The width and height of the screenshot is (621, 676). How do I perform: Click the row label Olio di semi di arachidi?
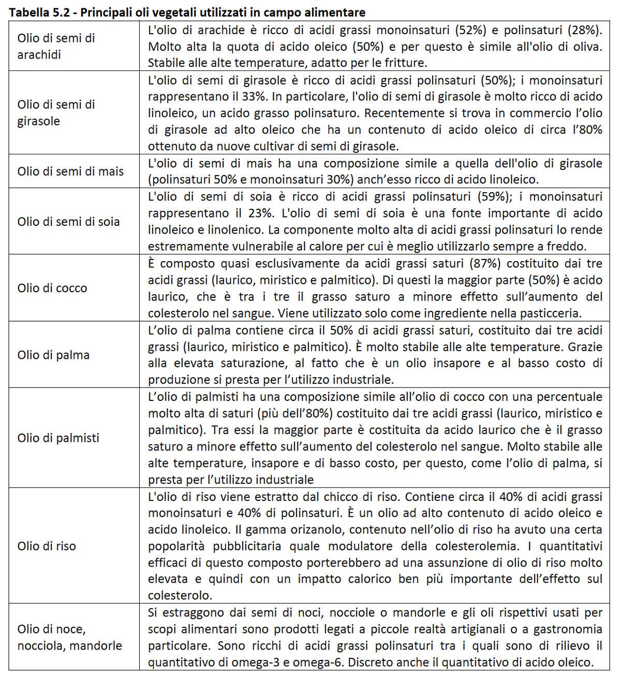(x=56, y=46)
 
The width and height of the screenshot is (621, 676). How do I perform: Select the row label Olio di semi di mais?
(x=70, y=171)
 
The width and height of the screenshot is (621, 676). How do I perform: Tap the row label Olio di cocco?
(x=52, y=288)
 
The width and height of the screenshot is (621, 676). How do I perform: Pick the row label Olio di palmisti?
(x=58, y=438)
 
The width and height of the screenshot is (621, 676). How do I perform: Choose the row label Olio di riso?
(x=47, y=546)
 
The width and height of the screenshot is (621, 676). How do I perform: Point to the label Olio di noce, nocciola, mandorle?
(x=69, y=637)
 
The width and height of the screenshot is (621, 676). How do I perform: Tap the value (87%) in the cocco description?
(x=485, y=263)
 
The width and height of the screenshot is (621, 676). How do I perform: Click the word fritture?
(x=404, y=63)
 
